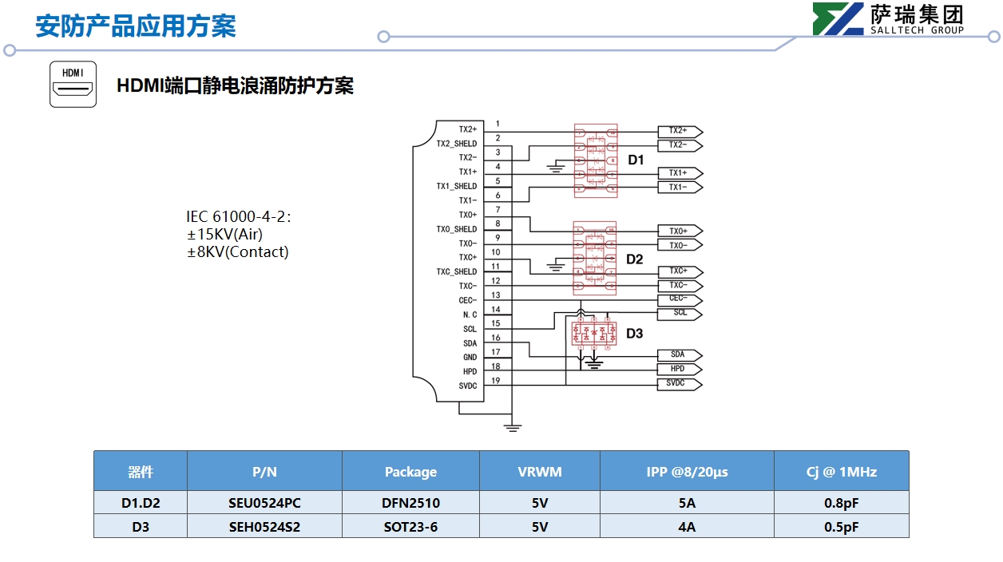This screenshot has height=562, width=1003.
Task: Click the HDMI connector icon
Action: pyautogui.click(x=73, y=84)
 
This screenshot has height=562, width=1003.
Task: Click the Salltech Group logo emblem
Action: pyautogui.click(x=838, y=19)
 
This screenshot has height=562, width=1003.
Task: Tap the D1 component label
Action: pyautogui.click(x=636, y=160)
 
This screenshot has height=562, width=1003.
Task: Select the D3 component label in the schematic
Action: pyautogui.click(x=634, y=334)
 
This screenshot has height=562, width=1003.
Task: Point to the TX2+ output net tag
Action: pyautogui.click(x=679, y=131)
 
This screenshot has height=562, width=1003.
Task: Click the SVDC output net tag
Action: pyautogui.click(x=679, y=384)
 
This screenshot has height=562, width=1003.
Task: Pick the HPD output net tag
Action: pyautogui.click(x=679, y=370)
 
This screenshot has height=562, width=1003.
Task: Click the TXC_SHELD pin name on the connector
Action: pyautogui.click(x=456, y=272)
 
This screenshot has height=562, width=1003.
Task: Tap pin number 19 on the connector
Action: pyautogui.click(x=496, y=380)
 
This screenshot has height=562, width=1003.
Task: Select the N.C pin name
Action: pyautogui.click(x=470, y=315)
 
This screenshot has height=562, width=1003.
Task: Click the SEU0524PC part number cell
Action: pyautogui.click(x=264, y=503)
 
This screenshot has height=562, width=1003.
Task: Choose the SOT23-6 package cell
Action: pyautogui.click(x=410, y=527)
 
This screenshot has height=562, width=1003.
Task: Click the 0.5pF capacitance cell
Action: pyautogui.click(x=841, y=527)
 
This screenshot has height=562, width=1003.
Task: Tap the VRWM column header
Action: pyautogui.click(x=539, y=472)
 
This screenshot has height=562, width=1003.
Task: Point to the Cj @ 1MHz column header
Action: pyautogui.click(x=841, y=472)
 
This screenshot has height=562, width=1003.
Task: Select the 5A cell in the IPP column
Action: pyautogui.click(x=686, y=503)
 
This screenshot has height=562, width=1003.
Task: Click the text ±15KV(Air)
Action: pyautogui.click(x=224, y=235)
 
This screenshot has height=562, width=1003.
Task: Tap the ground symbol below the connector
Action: pyautogui.click(x=513, y=428)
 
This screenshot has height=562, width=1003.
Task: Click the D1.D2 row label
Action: pyautogui.click(x=141, y=503)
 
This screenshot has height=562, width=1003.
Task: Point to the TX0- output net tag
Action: pyautogui.click(x=679, y=246)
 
